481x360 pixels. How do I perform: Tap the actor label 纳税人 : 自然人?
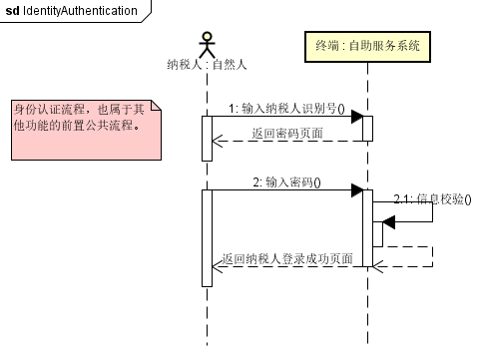pos(207,65)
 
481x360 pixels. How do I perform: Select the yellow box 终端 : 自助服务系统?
pos(366,46)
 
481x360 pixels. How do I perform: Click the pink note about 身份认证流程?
pos(84,130)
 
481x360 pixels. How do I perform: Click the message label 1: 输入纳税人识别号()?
pos(286,108)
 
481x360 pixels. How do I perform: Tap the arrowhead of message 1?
pos(355,117)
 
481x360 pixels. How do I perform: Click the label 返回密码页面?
pos(287,133)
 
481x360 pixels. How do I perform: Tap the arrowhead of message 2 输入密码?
pos(355,190)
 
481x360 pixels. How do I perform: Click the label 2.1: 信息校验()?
pos(431,199)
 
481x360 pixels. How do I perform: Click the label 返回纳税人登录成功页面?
pos(287,258)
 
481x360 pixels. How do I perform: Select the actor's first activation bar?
pos(207,138)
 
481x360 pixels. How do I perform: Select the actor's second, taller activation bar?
pos(207,237)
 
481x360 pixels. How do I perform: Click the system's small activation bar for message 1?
pos(367,129)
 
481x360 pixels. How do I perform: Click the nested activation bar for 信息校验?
pos(377,233)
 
